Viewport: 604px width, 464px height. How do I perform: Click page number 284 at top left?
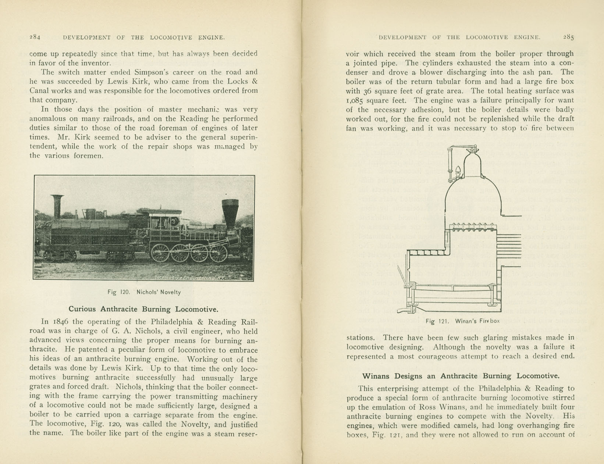point(35,37)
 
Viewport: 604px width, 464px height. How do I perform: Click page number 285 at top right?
point(568,37)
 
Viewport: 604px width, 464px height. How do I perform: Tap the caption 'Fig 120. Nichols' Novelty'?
point(144,292)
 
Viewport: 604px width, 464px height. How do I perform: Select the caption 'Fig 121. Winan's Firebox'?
point(463,321)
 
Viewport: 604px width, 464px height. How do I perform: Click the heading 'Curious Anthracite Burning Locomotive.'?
point(143,309)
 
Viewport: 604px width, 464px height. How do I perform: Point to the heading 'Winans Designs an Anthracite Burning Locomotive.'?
point(461,376)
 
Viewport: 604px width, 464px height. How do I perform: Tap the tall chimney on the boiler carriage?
point(57,207)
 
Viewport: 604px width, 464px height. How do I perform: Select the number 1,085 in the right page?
point(354,100)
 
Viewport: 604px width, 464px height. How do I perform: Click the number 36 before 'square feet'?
point(368,91)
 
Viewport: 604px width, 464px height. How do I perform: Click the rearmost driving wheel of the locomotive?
point(161,253)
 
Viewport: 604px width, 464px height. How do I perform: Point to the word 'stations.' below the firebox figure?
point(360,338)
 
